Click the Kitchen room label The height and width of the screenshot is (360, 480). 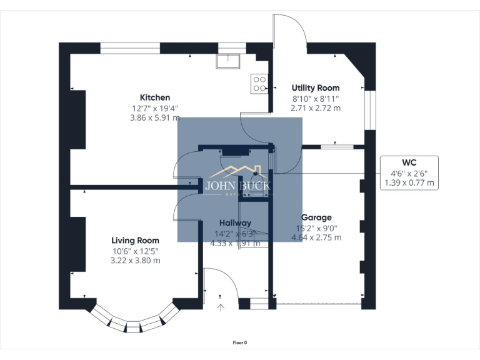(154, 97)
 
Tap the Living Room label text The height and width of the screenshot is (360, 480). (135, 240)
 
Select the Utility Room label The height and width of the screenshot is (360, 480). (316, 88)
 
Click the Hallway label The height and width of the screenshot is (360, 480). (235, 222)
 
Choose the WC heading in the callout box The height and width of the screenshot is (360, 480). (409, 162)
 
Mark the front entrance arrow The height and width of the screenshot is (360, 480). (220, 306)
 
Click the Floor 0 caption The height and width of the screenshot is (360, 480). (240, 342)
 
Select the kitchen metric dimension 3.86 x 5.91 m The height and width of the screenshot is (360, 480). (154, 117)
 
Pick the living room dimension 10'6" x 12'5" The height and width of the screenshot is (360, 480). (135, 251)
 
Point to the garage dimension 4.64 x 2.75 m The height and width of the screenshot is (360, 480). (316, 237)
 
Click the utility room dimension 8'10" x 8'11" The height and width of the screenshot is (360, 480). (316, 98)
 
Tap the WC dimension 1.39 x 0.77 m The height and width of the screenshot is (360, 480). (409, 183)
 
